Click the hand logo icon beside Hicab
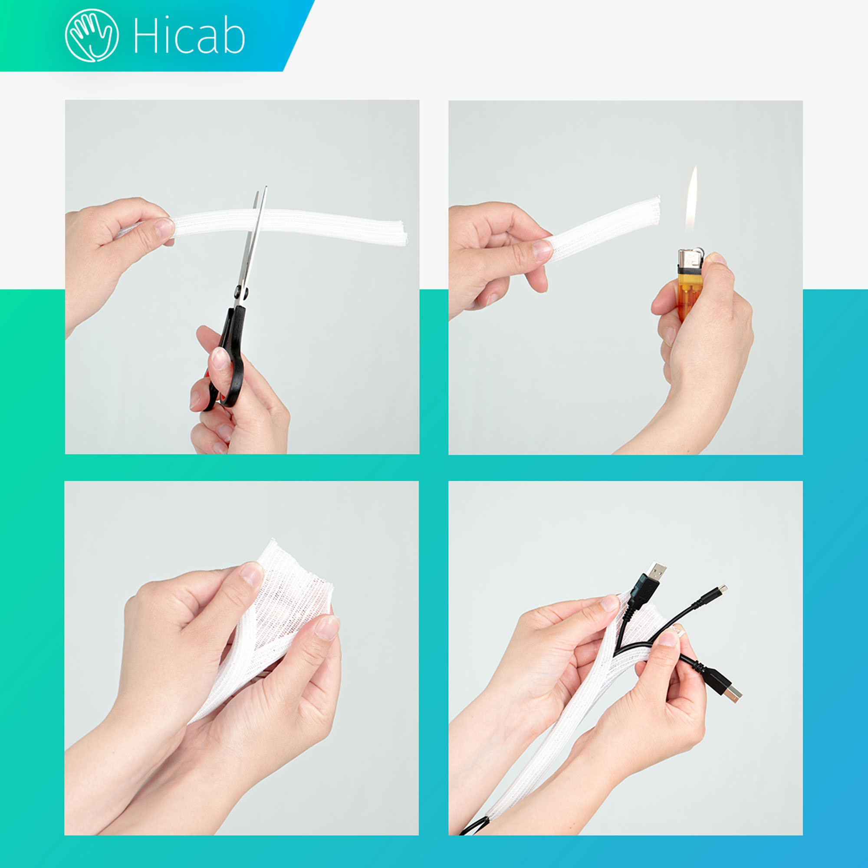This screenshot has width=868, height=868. tap(92, 35)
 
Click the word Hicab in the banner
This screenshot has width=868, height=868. tap(189, 36)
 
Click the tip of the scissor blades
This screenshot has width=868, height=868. tap(266, 187)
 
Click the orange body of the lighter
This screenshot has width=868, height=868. tap(690, 294)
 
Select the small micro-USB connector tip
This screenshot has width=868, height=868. tap(723, 588)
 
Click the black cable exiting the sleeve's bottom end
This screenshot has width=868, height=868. tap(474, 826)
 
